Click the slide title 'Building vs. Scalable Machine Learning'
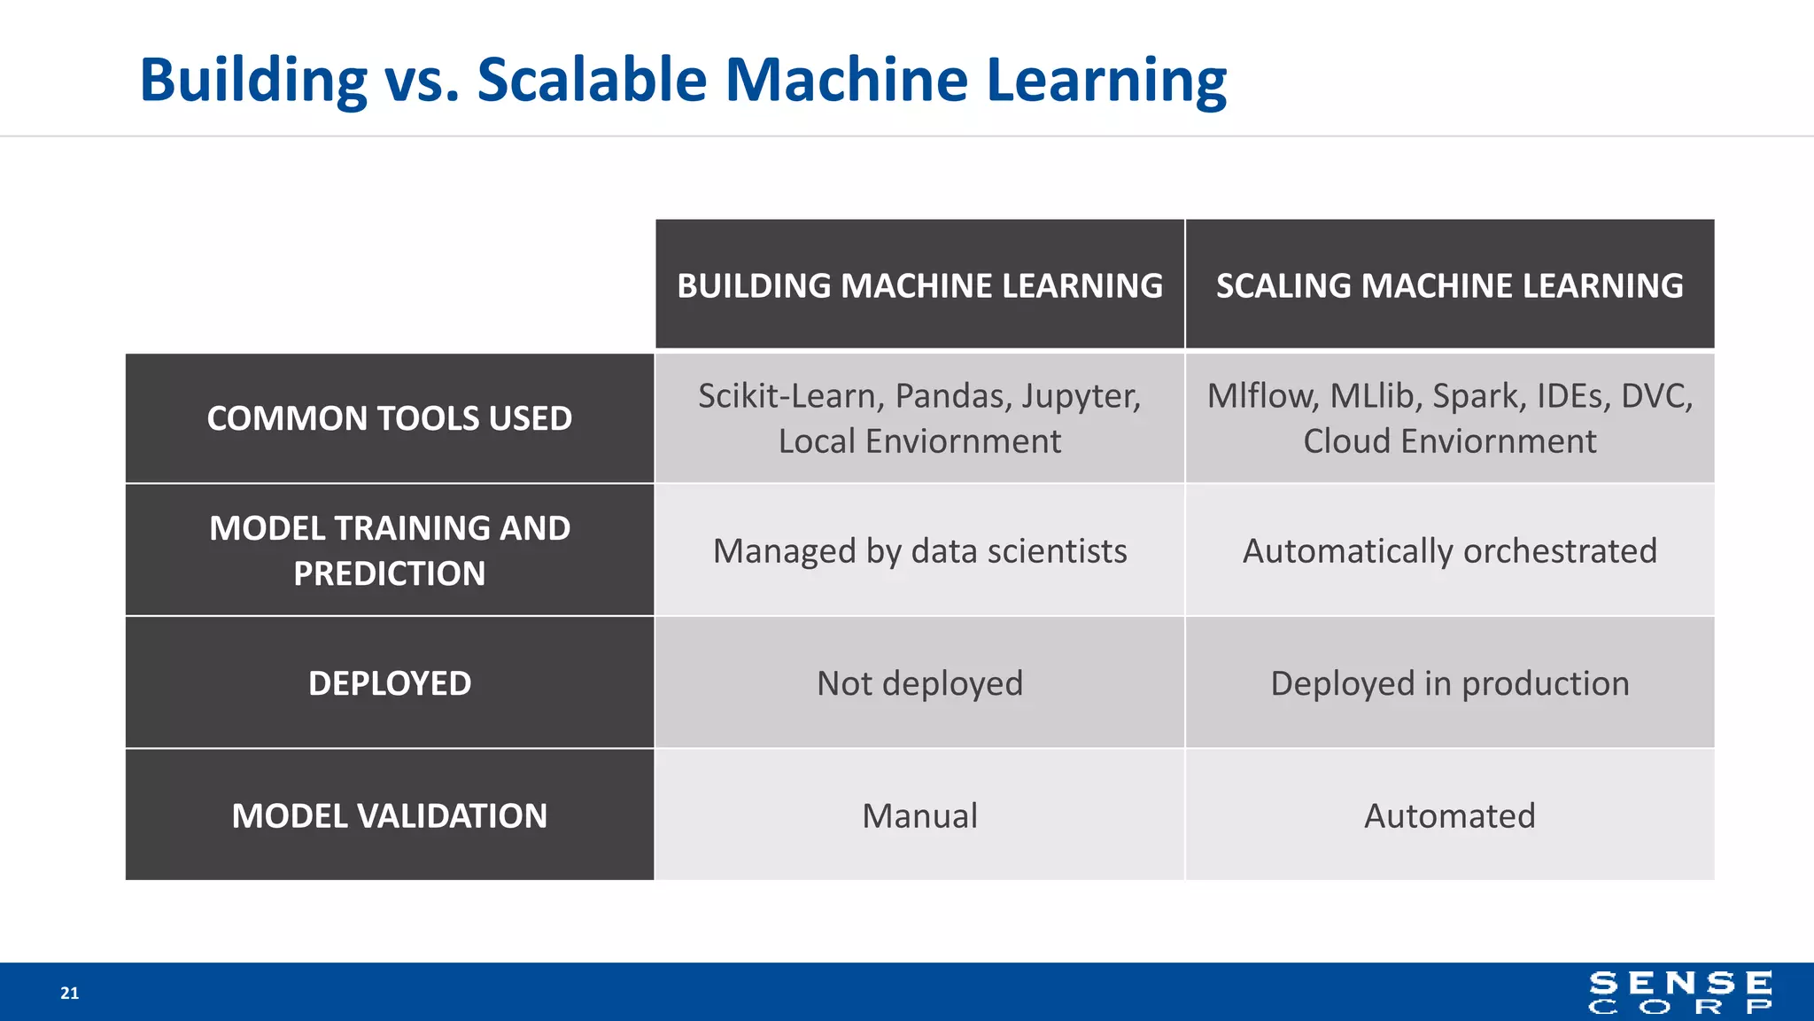coord(682,80)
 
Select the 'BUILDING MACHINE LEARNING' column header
coord(919,285)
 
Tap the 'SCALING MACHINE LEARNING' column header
coord(1449,285)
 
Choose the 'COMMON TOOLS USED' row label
coord(390,418)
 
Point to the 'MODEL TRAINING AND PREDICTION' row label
coord(390,550)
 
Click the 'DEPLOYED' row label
coord(390,683)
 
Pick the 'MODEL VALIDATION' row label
coord(390,815)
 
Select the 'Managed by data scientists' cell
coord(919,551)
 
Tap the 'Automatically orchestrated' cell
coord(1449,551)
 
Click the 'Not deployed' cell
coord(919,683)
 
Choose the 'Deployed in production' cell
coord(1449,683)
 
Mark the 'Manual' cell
coord(919,815)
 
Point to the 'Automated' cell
coord(1449,815)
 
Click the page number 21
coord(69,994)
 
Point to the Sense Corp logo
coord(1680,993)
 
